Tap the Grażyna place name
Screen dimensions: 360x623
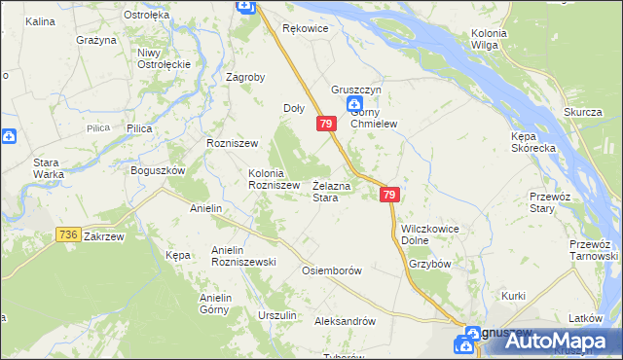click(x=97, y=40)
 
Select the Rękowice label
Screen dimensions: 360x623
click(x=306, y=29)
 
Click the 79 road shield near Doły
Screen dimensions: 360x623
click(x=326, y=125)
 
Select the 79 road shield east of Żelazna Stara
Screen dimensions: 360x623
click(x=389, y=196)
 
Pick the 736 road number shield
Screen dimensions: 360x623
click(x=67, y=234)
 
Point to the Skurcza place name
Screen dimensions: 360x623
click(x=582, y=112)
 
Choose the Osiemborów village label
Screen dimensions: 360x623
click(x=333, y=270)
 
